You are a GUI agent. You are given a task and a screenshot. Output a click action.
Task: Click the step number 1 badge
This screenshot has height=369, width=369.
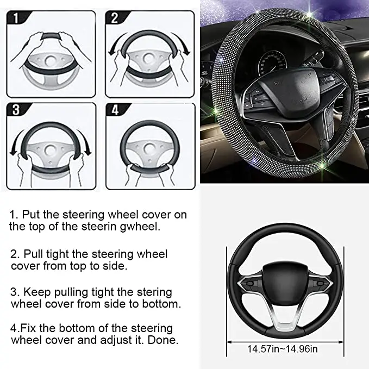coord(17,18)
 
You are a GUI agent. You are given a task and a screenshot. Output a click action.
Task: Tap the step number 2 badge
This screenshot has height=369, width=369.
coord(115,18)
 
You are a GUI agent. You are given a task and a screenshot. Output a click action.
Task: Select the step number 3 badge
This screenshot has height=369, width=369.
coord(17,110)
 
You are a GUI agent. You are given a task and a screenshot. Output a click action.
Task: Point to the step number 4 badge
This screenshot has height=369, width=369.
coord(115,110)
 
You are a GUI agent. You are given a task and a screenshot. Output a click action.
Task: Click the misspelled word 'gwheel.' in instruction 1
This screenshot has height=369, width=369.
coord(142,227)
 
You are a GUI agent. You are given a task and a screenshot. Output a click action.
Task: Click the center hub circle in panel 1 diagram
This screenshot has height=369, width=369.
coord(53,59)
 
